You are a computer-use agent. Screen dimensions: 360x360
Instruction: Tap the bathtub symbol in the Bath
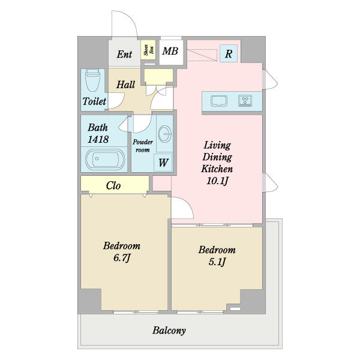click(105, 160)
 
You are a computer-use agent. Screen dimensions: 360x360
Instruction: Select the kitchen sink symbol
click(219, 101)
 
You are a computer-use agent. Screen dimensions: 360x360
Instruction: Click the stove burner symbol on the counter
click(245, 101)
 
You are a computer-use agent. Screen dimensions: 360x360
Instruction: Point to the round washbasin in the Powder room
click(165, 134)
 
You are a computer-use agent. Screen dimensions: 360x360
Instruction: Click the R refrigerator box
click(229, 53)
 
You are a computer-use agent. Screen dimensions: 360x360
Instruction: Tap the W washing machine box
click(163, 163)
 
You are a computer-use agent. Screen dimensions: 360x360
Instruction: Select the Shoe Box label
click(148, 50)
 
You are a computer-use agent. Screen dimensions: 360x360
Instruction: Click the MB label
click(170, 51)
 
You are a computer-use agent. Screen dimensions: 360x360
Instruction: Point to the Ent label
click(124, 54)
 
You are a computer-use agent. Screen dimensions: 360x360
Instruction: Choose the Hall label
click(125, 85)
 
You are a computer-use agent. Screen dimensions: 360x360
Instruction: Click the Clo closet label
click(113, 185)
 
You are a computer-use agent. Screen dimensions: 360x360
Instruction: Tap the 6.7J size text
click(122, 258)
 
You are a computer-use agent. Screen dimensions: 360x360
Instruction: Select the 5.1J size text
click(217, 262)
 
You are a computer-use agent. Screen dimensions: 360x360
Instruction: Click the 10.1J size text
click(217, 181)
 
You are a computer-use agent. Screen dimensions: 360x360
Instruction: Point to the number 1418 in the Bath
click(98, 139)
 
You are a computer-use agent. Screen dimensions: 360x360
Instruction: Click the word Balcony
click(169, 331)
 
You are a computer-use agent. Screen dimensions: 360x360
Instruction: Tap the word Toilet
click(94, 101)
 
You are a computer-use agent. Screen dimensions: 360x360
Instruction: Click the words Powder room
click(143, 146)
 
